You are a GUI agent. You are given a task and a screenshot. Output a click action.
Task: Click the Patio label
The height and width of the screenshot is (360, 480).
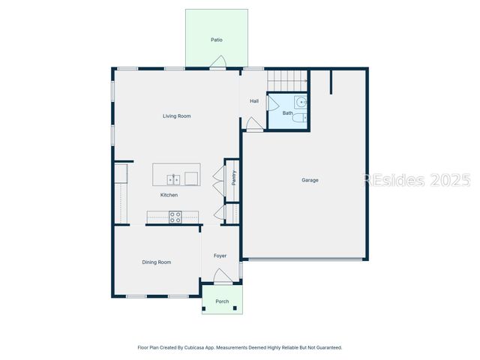[217, 40]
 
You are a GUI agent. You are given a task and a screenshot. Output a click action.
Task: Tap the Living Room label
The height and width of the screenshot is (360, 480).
[177, 116]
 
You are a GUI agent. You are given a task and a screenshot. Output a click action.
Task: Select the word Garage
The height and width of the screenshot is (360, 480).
[310, 180]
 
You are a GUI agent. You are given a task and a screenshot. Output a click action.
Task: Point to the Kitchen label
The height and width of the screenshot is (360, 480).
[169, 195]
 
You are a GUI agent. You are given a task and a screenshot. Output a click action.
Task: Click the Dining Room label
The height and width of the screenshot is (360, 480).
[157, 262]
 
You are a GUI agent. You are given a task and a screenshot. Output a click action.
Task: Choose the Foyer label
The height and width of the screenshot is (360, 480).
[220, 256]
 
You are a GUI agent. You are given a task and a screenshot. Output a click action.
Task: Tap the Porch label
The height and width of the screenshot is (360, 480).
[222, 301]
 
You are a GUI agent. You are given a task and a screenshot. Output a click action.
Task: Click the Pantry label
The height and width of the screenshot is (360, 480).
[233, 177]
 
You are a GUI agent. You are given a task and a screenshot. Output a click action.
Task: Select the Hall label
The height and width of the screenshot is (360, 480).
[254, 100]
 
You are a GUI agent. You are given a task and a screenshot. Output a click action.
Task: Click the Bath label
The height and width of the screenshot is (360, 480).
[287, 113]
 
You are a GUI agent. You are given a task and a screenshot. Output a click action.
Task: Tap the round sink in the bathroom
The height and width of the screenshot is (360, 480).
[301, 102]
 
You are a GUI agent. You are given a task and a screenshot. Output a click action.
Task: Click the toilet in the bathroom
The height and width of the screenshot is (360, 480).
[299, 118]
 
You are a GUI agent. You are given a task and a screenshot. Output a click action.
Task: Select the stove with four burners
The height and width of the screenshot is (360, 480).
[175, 217]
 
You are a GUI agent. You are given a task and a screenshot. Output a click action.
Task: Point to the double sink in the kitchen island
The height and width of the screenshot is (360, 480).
[173, 178]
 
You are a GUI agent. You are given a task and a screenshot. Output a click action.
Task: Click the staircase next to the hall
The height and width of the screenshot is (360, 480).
[289, 78]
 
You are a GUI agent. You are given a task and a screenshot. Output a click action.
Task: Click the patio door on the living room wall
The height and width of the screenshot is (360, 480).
[217, 67]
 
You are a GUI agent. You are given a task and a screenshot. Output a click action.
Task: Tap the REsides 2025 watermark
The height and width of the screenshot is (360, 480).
[417, 180]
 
